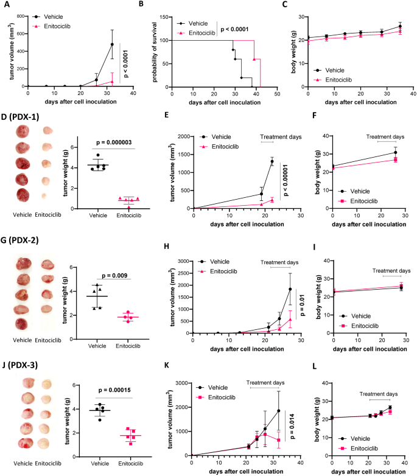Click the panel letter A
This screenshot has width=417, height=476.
(4, 4)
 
